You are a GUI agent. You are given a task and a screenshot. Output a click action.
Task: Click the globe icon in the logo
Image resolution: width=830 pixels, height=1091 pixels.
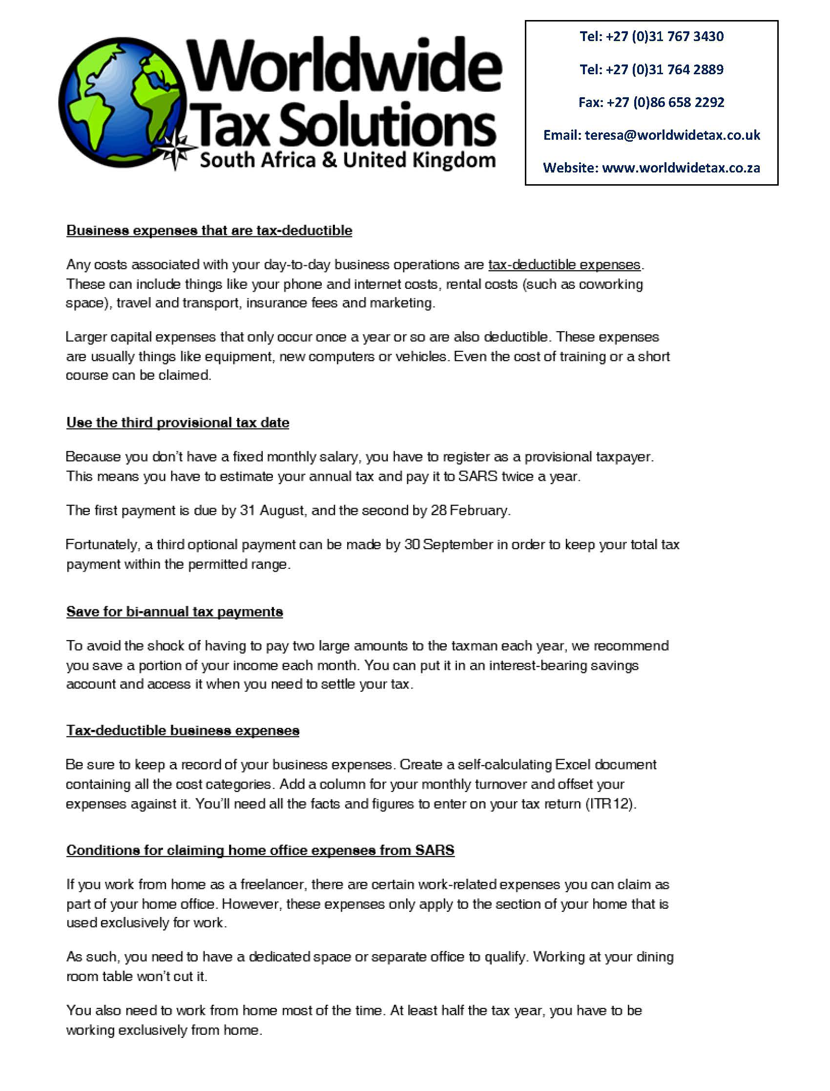click(124, 101)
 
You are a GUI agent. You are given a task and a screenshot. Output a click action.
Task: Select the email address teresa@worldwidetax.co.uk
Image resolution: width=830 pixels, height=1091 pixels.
click(672, 135)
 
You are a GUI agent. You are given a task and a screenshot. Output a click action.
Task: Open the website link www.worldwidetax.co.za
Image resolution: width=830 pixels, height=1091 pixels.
click(681, 168)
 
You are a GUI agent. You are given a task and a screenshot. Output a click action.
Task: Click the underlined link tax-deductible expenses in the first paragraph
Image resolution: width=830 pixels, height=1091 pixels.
click(564, 265)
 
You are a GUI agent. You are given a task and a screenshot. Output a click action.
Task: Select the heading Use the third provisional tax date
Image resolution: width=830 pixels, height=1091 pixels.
click(178, 423)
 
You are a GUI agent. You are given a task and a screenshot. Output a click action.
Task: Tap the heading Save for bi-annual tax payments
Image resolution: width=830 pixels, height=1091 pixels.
click(174, 612)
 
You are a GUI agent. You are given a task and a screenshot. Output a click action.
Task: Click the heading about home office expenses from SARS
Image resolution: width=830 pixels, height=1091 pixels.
click(260, 850)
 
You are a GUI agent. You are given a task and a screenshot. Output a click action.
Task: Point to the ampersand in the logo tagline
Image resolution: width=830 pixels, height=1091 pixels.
click(329, 160)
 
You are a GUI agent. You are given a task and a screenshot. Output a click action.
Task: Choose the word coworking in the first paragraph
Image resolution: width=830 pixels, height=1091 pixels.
click(611, 284)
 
